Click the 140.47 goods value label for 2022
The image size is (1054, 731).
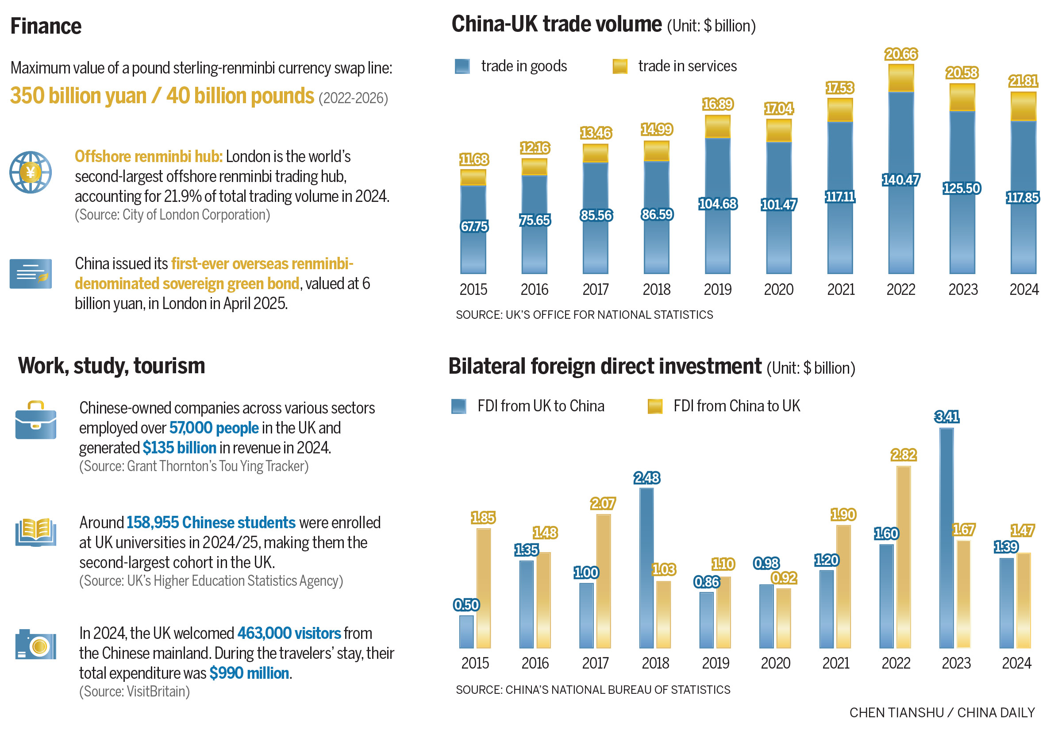point(900,180)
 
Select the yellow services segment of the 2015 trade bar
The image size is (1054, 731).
point(473,177)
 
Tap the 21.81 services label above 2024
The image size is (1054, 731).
point(1023,81)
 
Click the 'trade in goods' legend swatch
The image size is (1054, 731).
point(462,66)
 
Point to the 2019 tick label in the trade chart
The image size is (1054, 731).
point(717,290)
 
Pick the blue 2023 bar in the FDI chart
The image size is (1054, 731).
point(946,538)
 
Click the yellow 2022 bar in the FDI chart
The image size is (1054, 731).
point(903,557)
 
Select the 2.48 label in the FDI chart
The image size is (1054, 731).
point(646,478)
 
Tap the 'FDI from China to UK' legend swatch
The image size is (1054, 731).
point(654,406)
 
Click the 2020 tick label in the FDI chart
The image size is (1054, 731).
point(775,663)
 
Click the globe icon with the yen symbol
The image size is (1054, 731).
point(30,173)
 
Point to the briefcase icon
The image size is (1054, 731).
point(36,420)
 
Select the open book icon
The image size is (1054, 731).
point(36,532)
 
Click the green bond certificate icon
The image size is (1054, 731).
point(31,274)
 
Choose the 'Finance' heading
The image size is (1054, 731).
point(46,26)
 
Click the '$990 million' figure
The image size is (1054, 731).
point(249,673)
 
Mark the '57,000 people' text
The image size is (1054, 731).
point(214,428)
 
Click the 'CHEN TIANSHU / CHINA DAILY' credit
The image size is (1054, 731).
point(942,713)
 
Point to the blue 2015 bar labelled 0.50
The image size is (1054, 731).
point(466,632)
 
